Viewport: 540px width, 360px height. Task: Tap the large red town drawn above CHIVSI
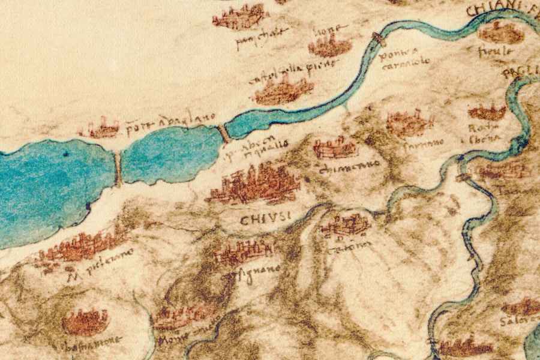255,184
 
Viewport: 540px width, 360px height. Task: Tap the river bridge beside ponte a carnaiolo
379,40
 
